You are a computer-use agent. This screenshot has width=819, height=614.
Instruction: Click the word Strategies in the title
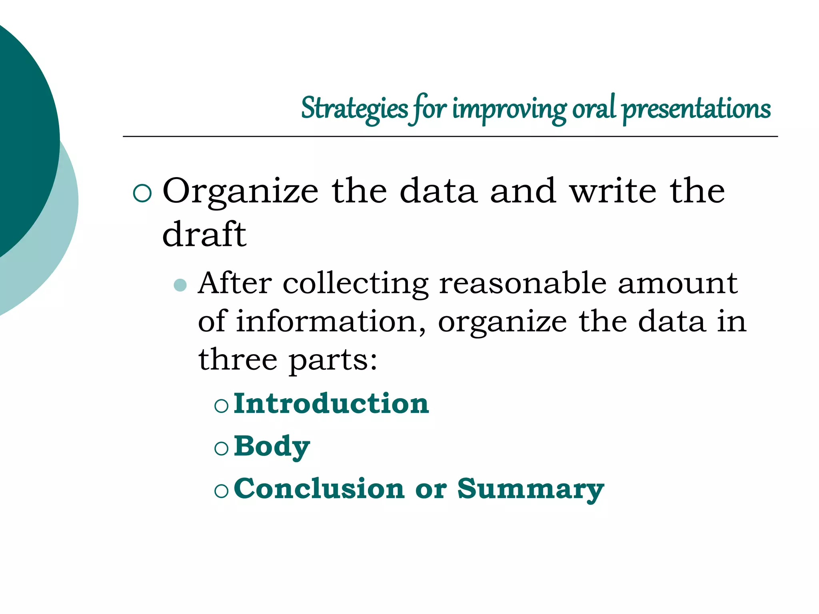tap(354, 109)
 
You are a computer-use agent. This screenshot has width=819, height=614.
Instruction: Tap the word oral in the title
tap(594, 108)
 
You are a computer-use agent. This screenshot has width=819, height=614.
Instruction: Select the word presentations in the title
tap(696, 109)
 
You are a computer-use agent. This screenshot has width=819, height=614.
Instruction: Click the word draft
tap(204, 235)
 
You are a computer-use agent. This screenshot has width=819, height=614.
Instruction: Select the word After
tap(235, 283)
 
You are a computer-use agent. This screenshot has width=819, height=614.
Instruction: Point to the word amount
tap(677, 283)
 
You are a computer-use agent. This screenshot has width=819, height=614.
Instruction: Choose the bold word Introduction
tap(331, 403)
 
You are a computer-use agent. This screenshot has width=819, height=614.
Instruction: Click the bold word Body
tap(272, 446)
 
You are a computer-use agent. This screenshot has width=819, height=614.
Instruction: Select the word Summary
tap(530, 489)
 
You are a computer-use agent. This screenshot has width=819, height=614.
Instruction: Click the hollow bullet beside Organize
tap(142, 193)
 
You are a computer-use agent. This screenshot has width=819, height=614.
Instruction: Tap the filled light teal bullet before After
tap(180, 285)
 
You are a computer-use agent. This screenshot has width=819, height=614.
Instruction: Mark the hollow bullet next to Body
tap(221, 449)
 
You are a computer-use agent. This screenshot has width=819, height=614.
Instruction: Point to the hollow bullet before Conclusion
tap(221, 491)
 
